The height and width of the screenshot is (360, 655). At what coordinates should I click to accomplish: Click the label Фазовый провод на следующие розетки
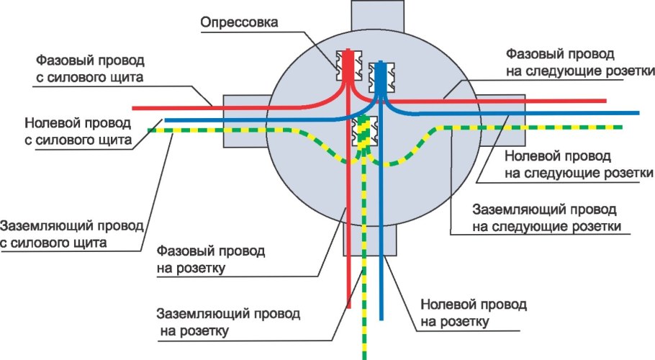579,63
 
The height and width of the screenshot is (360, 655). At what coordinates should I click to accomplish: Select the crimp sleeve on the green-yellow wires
364,133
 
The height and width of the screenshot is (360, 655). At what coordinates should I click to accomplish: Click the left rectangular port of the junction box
245,115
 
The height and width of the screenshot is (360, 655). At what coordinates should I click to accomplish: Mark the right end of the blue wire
637,113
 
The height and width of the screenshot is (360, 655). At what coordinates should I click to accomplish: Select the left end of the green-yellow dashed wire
151,130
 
